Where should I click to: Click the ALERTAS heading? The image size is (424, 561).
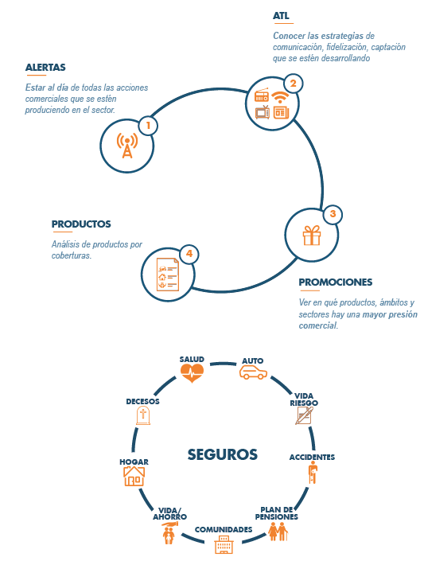tap(45, 68)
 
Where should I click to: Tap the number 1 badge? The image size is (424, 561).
tap(148, 126)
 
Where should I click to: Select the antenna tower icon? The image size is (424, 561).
tap(127, 146)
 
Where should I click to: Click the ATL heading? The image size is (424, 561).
tap(281, 16)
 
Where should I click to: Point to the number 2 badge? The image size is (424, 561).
tap(293, 84)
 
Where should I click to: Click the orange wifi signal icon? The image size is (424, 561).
tap(280, 97)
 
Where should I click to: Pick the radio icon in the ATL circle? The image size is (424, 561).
tap(262, 95)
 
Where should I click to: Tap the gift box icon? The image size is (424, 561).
tap(312, 236)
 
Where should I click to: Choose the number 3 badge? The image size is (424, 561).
tap(333, 214)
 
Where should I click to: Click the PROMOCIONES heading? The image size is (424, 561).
tap(336, 282)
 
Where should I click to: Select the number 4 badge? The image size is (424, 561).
tap(189, 254)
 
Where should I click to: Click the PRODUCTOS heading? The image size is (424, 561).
tap(81, 224)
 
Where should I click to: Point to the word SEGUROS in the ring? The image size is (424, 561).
tap(223, 454)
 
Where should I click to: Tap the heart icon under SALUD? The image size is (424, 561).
tap(192, 373)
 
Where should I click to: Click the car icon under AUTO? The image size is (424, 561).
tap(253, 372)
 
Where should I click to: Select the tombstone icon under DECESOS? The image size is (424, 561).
tap(143, 415)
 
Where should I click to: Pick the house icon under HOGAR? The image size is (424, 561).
tap(134, 476)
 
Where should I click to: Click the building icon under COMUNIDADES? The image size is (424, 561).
tap(224, 544)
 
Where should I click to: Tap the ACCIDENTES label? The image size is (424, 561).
tap(312, 458)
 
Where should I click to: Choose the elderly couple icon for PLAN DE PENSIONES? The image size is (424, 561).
tap(278, 532)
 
